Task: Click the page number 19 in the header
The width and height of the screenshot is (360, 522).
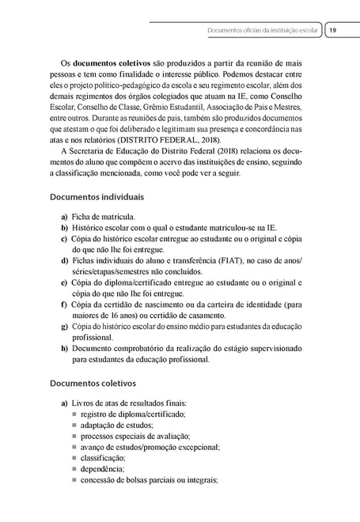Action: tap(334, 31)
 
